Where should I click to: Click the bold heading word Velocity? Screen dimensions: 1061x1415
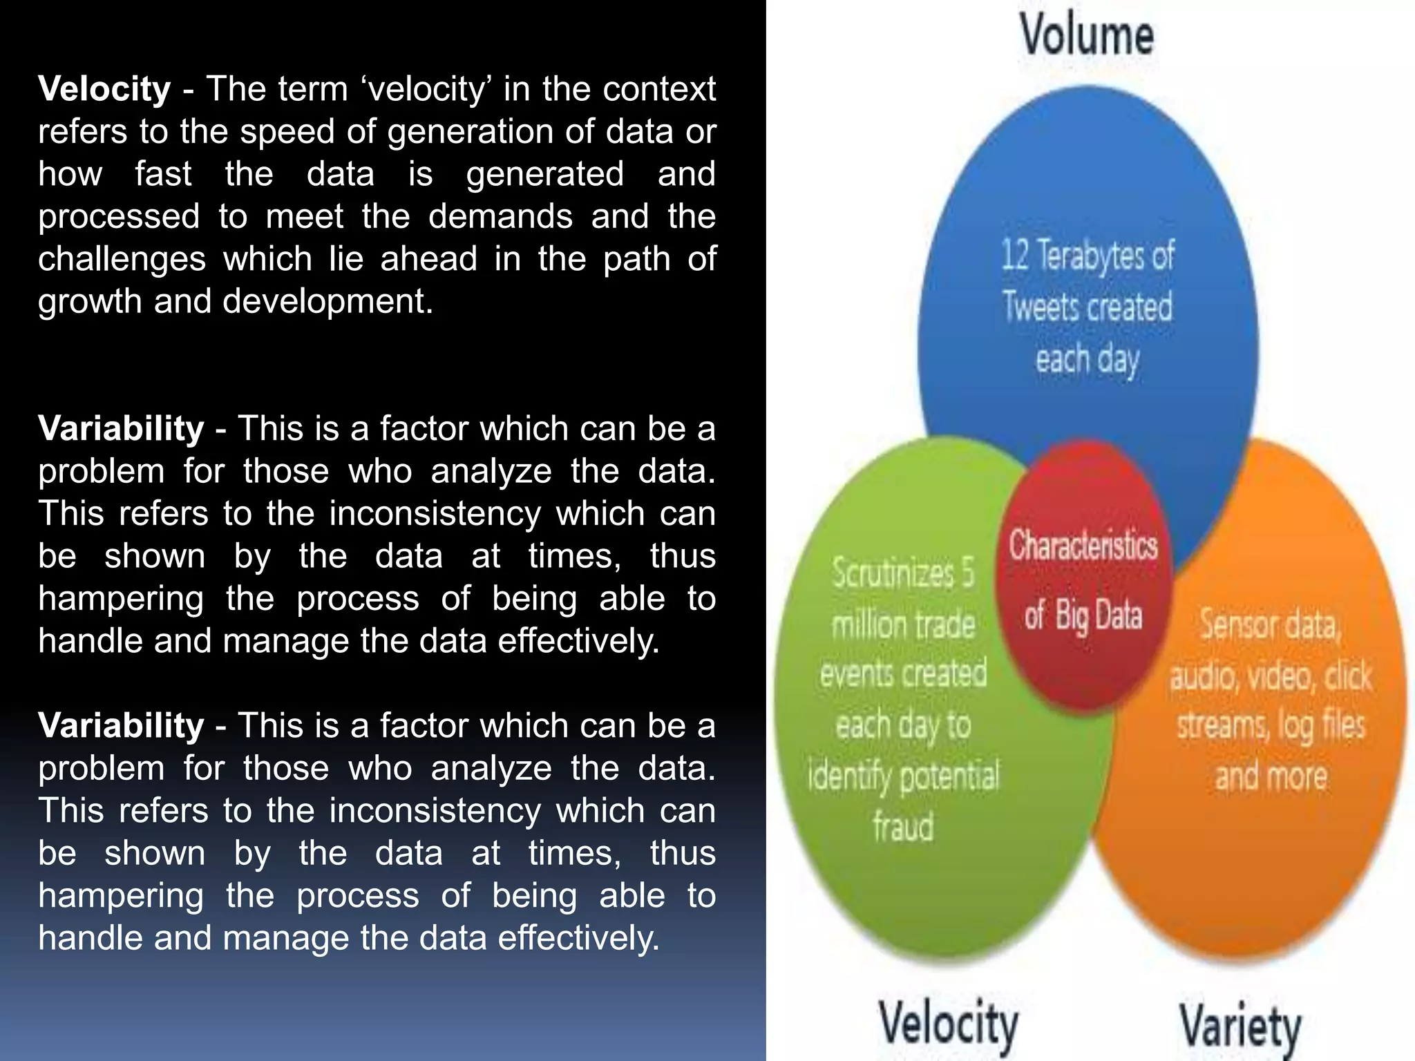coord(104,89)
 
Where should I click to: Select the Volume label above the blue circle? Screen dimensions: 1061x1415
coord(1087,35)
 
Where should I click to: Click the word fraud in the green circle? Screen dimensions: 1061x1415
coord(903,826)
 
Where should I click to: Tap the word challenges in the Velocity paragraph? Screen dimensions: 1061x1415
coord(122,260)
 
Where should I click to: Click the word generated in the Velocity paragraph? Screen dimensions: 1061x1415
coord(544,174)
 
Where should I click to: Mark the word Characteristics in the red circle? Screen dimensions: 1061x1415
coord(1083,546)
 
